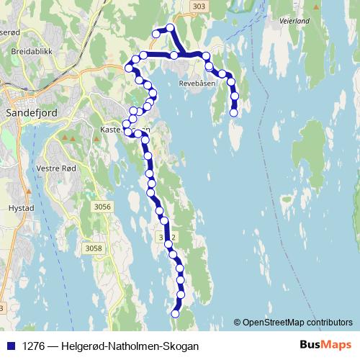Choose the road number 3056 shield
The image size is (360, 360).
(103, 207)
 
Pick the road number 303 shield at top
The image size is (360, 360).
(199, 6)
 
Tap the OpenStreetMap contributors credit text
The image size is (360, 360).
(297, 322)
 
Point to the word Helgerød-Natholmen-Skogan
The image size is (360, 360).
(130, 346)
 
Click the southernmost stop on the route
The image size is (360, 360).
(175, 313)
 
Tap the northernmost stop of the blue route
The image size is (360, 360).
(171, 28)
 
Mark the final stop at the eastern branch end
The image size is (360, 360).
(234, 112)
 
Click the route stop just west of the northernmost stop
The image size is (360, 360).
(156, 33)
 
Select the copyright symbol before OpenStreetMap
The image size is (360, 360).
(238, 322)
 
